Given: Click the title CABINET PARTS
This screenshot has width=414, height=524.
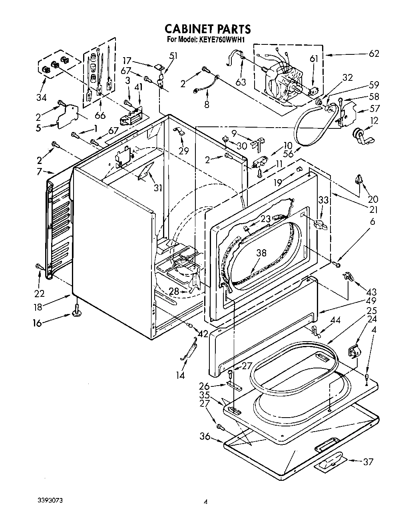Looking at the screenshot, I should pyautogui.click(x=208, y=29).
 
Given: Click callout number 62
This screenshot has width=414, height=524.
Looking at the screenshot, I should pyautogui.click(x=374, y=54).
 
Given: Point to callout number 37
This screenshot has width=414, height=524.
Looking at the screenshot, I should pyautogui.click(x=368, y=462).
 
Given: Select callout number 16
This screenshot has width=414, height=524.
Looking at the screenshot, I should pyautogui.click(x=37, y=323).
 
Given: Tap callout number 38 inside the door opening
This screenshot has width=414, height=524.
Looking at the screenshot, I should pyautogui.click(x=261, y=253).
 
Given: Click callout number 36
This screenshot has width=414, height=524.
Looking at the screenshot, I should pyautogui.click(x=205, y=437).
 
